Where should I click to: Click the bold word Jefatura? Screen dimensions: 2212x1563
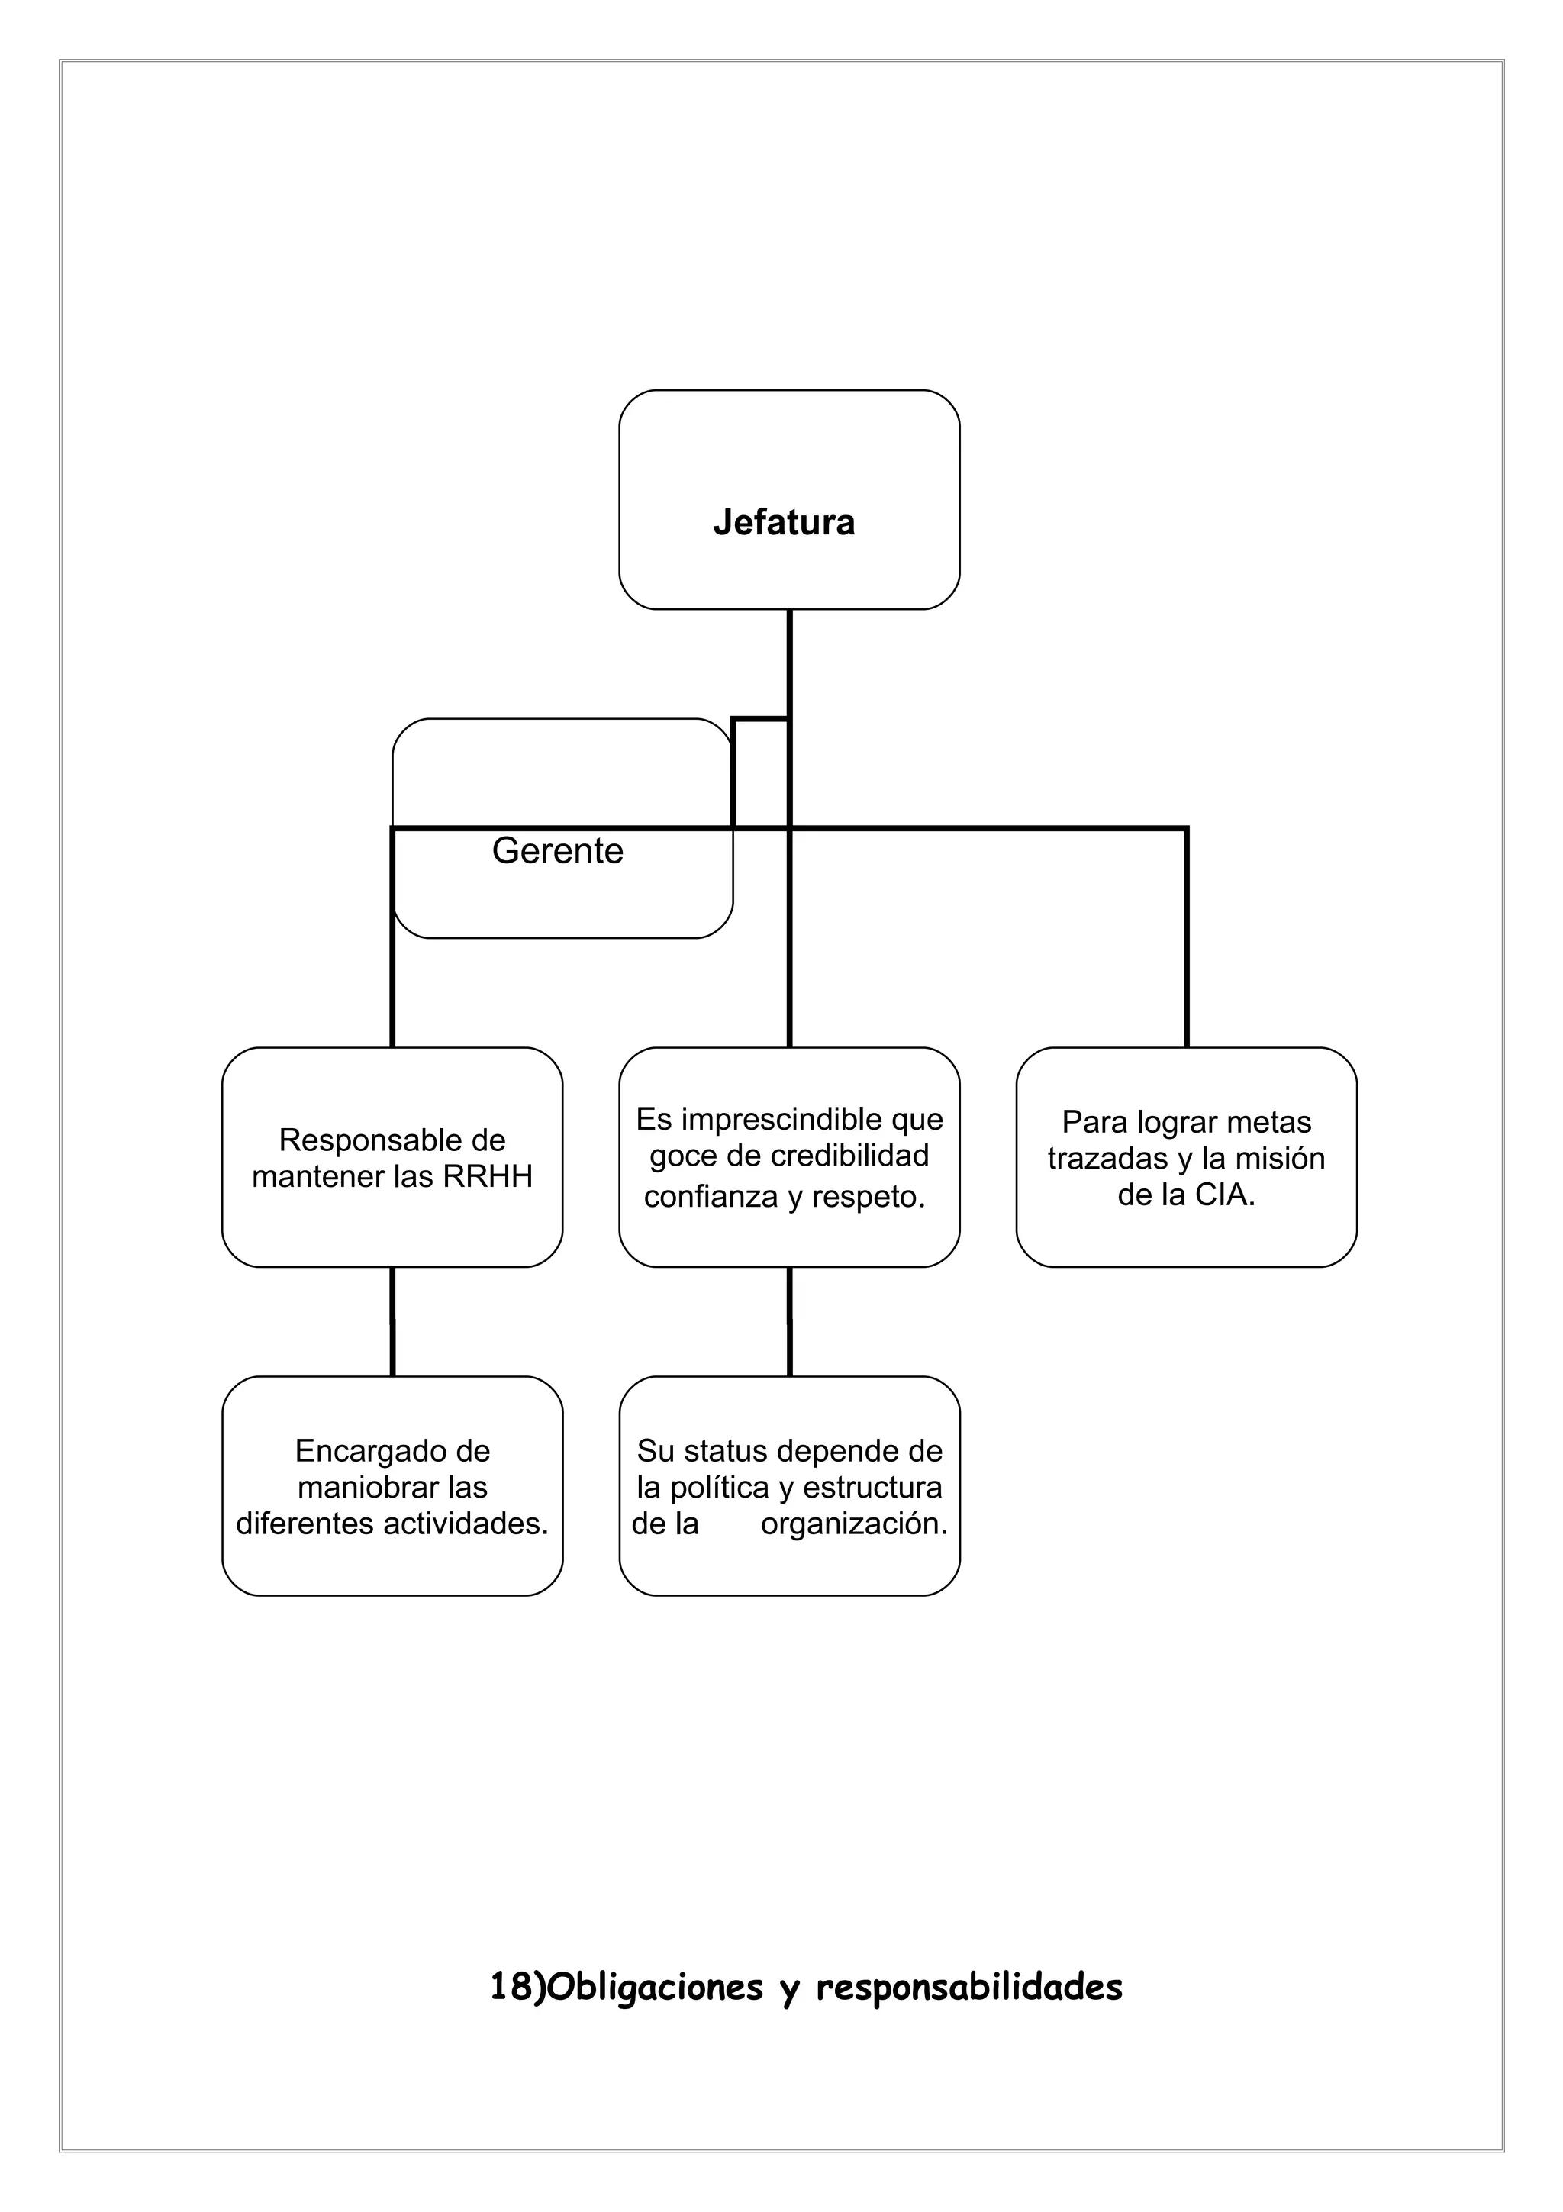783,522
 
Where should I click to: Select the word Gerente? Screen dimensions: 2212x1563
558,851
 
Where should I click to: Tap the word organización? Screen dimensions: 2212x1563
854,1524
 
